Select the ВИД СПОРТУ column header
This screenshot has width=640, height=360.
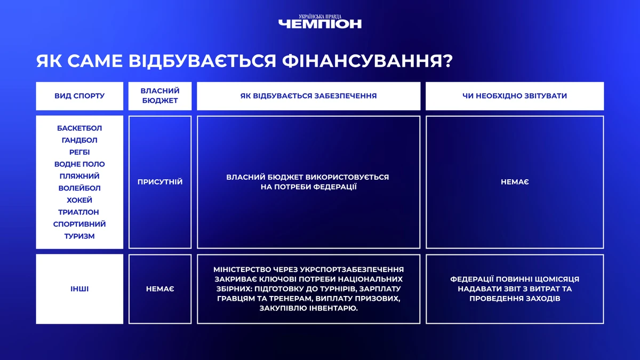pyautogui.click(x=79, y=95)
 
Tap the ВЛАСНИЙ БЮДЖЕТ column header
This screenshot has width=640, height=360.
pyautogui.click(x=160, y=95)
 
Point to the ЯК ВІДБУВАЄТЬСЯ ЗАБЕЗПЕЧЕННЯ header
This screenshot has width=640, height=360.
pyautogui.click(x=309, y=95)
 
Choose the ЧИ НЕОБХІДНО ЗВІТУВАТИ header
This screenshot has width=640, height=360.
pyautogui.click(x=515, y=95)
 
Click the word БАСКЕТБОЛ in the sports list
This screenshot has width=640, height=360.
pyautogui.click(x=79, y=129)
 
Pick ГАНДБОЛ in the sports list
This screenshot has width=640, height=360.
pyautogui.click(x=79, y=140)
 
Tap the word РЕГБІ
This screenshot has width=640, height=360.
pyautogui.click(x=79, y=153)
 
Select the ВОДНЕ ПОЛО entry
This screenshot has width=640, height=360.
pyautogui.click(x=79, y=164)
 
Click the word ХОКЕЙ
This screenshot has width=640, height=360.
pyautogui.click(x=79, y=201)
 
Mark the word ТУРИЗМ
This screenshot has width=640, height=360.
pyautogui.click(x=79, y=236)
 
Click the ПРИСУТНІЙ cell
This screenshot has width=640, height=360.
pyautogui.click(x=160, y=182)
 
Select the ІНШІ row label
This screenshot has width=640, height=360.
pyautogui.click(x=79, y=289)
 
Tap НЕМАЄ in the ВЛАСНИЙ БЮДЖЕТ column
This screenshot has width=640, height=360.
pyautogui.click(x=160, y=289)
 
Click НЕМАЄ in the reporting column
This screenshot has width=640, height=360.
pyautogui.click(x=515, y=182)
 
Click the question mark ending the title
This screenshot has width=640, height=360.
pyautogui.click(x=447, y=61)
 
